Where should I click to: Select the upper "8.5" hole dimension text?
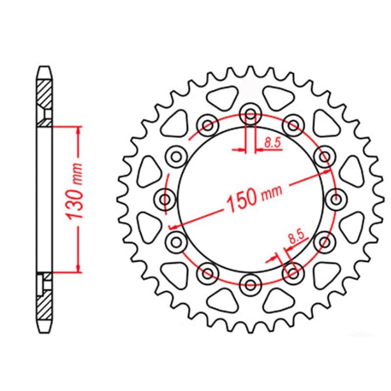272,143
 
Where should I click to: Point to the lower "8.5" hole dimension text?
296,238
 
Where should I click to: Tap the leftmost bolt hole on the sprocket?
166,199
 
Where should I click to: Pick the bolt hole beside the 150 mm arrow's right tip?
324,157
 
